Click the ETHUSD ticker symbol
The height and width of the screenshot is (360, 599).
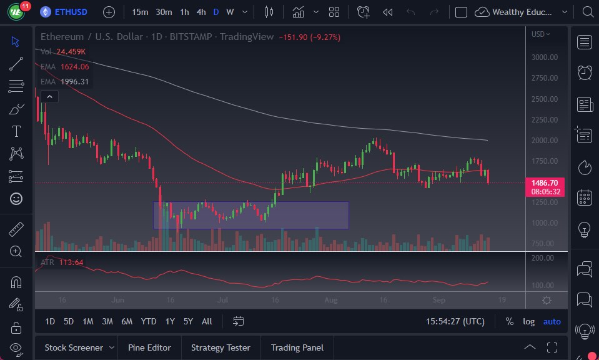pyautogui.click(x=71, y=12)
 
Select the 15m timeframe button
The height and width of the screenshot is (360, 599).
pyautogui.click(x=140, y=12)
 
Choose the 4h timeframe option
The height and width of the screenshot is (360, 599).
pyautogui.click(x=200, y=12)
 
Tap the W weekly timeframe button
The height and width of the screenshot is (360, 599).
pyautogui.click(x=230, y=12)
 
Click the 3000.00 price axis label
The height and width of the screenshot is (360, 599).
pyautogui.click(x=544, y=57)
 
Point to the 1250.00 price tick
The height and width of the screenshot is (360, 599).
pyautogui.click(x=544, y=202)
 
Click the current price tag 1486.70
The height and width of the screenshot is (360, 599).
pyautogui.click(x=545, y=183)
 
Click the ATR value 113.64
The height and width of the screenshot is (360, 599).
pyautogui.click(x=71, y=262)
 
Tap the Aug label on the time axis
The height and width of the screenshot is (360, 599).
pyautogui.click(x=331, y=300)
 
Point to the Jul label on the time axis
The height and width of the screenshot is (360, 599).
pyautogui.click(x=222, y=300)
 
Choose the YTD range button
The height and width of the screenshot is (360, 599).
pyautogui.click(x=149, y=321)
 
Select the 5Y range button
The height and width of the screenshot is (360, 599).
pyautogui.click(x=188, y=321)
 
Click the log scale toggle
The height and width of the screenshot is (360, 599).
pyautogui.click(x=528, y=321)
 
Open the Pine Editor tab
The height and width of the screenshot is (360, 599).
pyautogui.click(x=150, y=347)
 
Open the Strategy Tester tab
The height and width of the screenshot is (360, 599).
pyautogui.click(x=220, y=347)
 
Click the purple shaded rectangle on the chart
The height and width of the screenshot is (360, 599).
pyautogui.click(x=250, y=215)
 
